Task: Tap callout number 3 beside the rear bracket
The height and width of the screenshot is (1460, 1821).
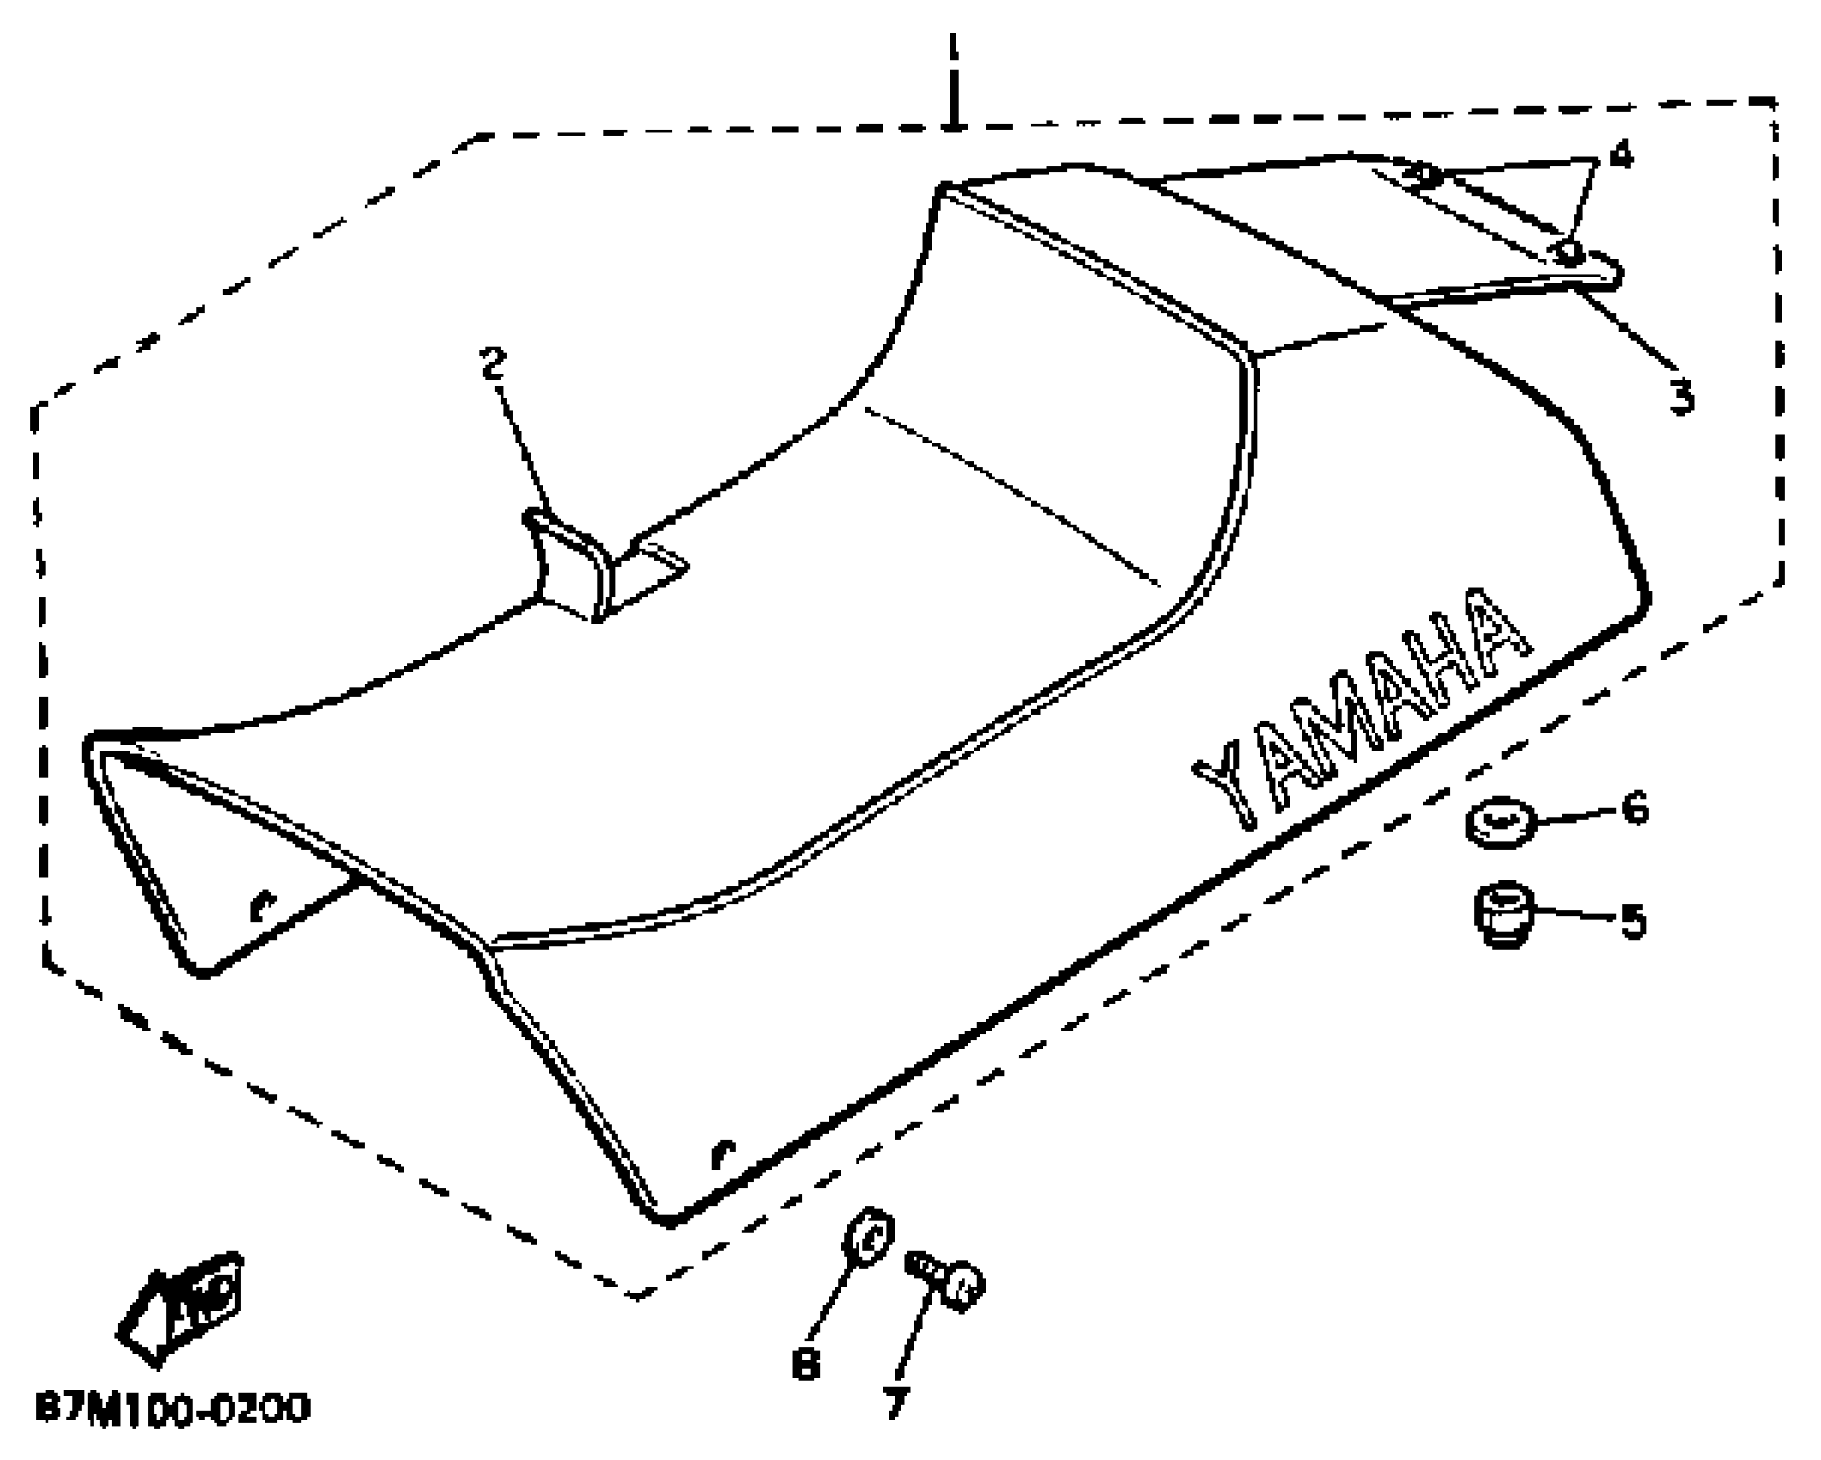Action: pos(1681,397)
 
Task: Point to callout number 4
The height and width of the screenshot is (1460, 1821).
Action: pos(1620,155)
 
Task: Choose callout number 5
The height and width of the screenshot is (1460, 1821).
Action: pos(1632,921)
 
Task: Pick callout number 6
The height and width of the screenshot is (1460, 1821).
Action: pos(1636,808)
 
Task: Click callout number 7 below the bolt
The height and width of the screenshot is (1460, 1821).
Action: pos(895,1403)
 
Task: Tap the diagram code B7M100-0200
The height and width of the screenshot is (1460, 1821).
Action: pos(173,1409)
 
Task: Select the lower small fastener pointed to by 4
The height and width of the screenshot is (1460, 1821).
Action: pos(1567,252)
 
